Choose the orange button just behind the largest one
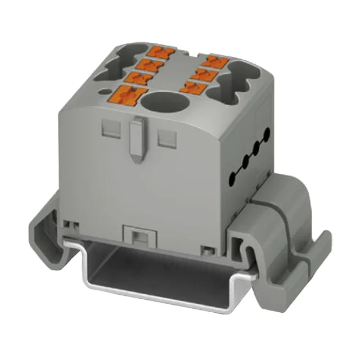click(x=139, y=79)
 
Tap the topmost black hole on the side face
click(x=267, y=133)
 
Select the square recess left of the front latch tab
click(x=108, y=130)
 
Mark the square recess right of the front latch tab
click(x=165, y=138)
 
